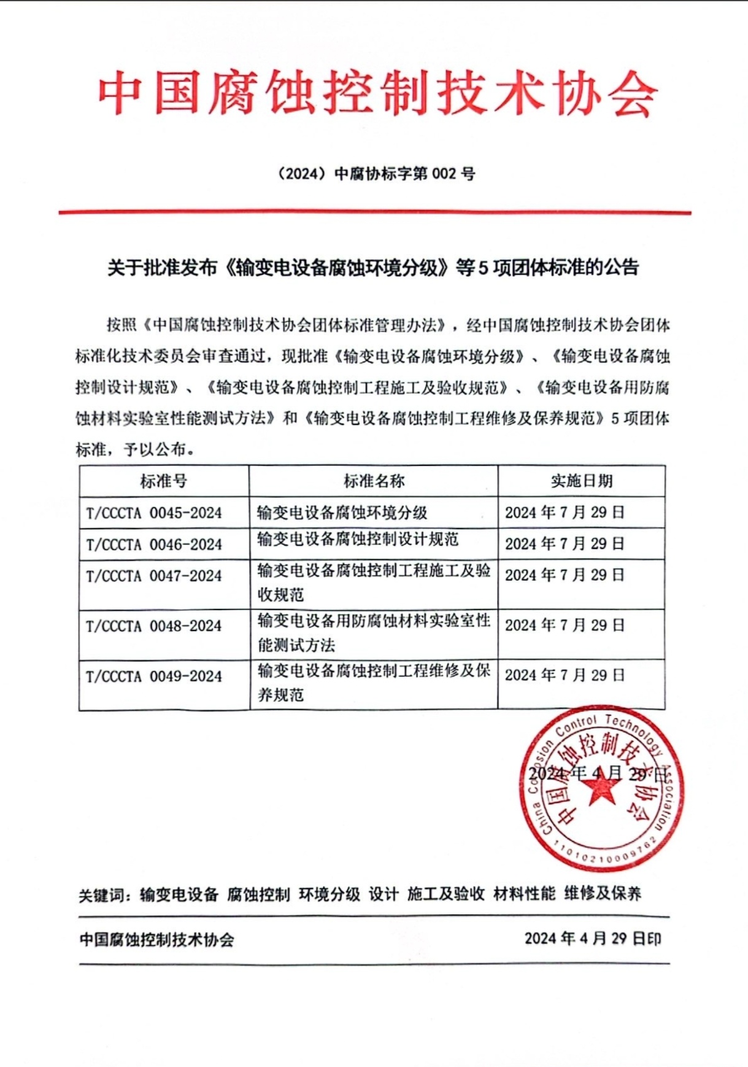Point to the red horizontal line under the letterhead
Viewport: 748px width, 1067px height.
pyautogui.click(x=374, y=212)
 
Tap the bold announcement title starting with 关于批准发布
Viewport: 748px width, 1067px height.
pyautogui.click(x=373, y=268)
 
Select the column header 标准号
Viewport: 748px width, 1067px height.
pyautogui.click(x=163, y=481)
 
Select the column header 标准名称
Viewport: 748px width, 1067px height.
pyautogui.click(x=374, y=481)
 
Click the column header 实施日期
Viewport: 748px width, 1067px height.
pyautogui.click(x=581, y=481)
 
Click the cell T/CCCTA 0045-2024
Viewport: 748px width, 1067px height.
pyautogui.click(x=154, y=513)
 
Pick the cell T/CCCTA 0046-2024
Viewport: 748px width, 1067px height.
pyautogui.click(x=154, y=545)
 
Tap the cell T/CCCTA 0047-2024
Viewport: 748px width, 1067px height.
pyautogui.click(x=154, y=576)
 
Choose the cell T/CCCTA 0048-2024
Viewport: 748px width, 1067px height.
pyautogui.click(x=154, y=626)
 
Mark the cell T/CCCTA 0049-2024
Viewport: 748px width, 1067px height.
pyautogui.click(x=154, y=677)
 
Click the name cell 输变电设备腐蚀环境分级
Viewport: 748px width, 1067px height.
pyautogui.click(x=342, y=513)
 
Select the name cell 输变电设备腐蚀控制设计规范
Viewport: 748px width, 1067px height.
pyautogui.click(x=358, y=539)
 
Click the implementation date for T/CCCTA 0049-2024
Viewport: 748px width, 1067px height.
pyautogui.click(x=565, y=675)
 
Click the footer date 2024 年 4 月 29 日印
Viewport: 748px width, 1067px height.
pyautogui.click(x=593, y=939)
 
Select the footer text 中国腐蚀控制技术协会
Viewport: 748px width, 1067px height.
pyautogui.click(x=157, y=940)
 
